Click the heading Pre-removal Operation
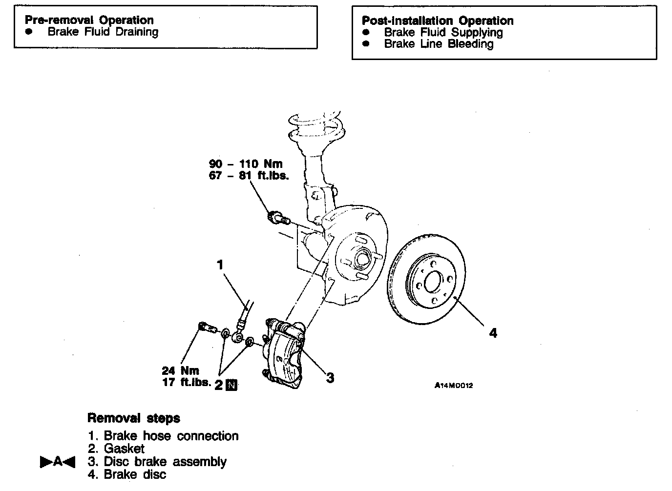[89, 20]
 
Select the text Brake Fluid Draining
[103, 32]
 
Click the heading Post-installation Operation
[437, 21]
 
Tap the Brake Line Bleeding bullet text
[439, 44]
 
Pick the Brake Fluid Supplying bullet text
[443, 32]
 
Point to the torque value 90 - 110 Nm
[246, 164]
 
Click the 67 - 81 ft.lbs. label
[249, 176]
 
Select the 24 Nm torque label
[180, 370]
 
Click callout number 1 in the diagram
[220, 265]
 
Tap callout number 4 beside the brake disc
[493, 333]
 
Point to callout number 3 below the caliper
[330, 377]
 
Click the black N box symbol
[232, 385]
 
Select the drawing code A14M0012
[454, 386]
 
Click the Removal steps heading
[133, 418]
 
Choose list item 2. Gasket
[116, 449]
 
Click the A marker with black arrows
[58, 461]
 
